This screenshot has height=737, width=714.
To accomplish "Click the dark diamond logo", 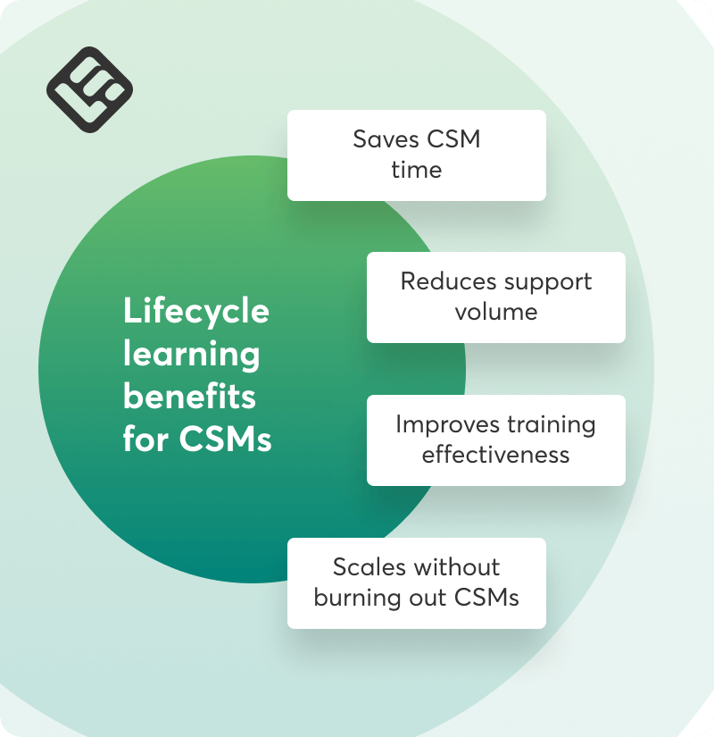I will point(89,89).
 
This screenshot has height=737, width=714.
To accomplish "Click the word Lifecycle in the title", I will point(195,312).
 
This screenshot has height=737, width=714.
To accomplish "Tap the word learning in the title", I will point(191,355).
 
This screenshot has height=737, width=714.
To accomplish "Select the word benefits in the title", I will point(189,396).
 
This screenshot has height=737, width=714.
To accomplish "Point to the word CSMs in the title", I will point(225,440).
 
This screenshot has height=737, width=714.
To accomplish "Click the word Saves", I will point(384,139).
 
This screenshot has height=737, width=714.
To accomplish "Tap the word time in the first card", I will point(416,170).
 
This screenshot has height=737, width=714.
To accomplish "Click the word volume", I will point(496,312).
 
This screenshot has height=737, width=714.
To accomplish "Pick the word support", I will point(547,281).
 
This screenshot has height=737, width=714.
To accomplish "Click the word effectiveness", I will point(496,455).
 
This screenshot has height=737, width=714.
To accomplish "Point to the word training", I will point(551,424).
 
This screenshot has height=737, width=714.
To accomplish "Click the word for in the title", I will point(145,440).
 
